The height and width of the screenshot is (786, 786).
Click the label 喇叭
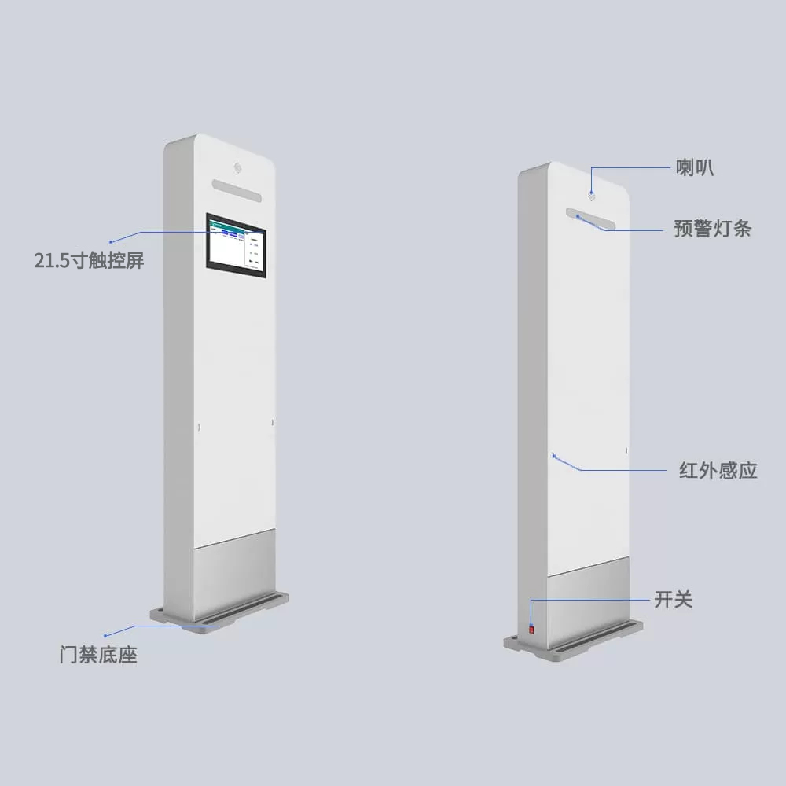click(695, 167)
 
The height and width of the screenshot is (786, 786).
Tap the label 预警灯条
click(712, 229)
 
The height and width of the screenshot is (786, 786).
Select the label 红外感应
click(718, 471)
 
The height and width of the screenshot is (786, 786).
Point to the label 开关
click(673, 600)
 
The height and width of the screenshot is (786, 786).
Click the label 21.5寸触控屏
click(89, 261)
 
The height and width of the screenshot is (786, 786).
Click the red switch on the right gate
click(531, 628)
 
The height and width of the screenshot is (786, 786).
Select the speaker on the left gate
click(237, 167)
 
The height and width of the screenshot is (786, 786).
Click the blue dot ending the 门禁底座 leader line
click(105, 634)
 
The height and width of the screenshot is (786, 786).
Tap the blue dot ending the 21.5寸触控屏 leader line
click(111, 241)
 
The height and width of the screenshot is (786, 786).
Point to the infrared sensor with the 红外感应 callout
click(554, 456)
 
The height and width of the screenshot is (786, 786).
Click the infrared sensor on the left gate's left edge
click(198, 428)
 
